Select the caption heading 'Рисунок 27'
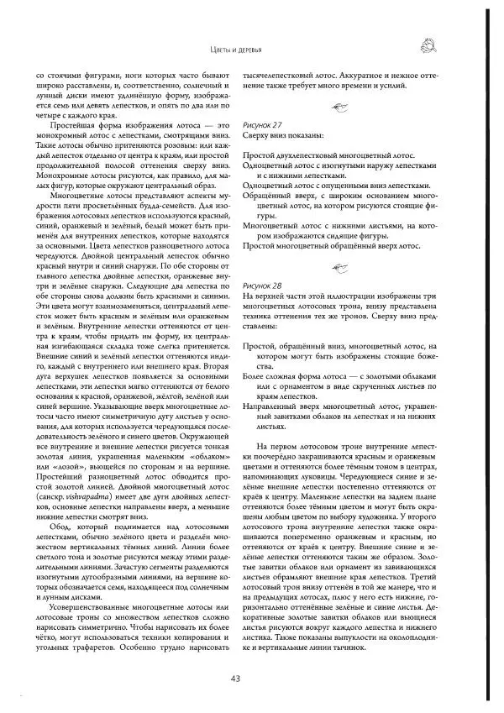click(261, 123)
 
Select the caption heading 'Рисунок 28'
click(261, 286)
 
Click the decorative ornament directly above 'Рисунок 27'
click(339, 105)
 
